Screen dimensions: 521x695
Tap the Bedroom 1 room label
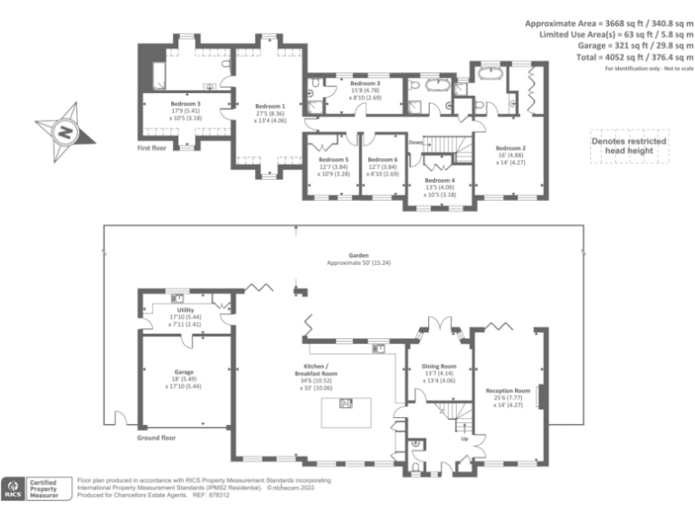[269, 106]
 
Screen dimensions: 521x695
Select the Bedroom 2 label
[510, 148]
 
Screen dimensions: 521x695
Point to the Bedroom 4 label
[439, 181]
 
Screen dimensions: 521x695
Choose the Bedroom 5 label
[333, 160]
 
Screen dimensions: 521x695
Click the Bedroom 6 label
[383, 160]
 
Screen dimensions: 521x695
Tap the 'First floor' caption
[155, 147]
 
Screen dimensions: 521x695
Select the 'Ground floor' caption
[156, 437]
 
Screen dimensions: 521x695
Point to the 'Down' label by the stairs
[415, 143]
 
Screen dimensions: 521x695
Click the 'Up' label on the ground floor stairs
[464, 439]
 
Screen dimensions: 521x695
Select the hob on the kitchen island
[345, 405]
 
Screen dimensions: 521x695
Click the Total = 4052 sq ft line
[613, 57]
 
